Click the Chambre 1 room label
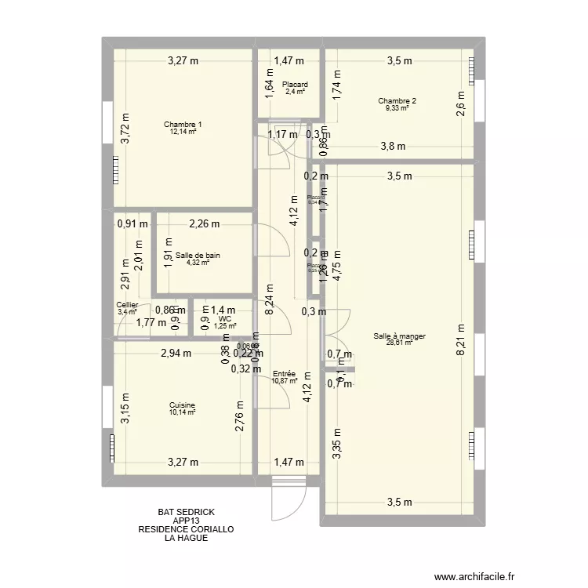click(x=183, y=125)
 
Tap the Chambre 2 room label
click(x=397, y=101)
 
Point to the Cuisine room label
click(x=182, y=405)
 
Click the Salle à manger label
click(x=400, y=336)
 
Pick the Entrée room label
click(x=284, y=375)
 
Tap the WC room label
click(x=225, y=319)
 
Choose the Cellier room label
click(x=127, y=305)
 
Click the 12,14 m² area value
click(x=183, y=132)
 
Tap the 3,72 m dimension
click(x=124, y=125)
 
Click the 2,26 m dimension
click(x=204, y=224)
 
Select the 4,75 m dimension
click(x=339, y=264)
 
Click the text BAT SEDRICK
click(x=186, y=512)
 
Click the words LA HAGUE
click(x=186, y=539)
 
